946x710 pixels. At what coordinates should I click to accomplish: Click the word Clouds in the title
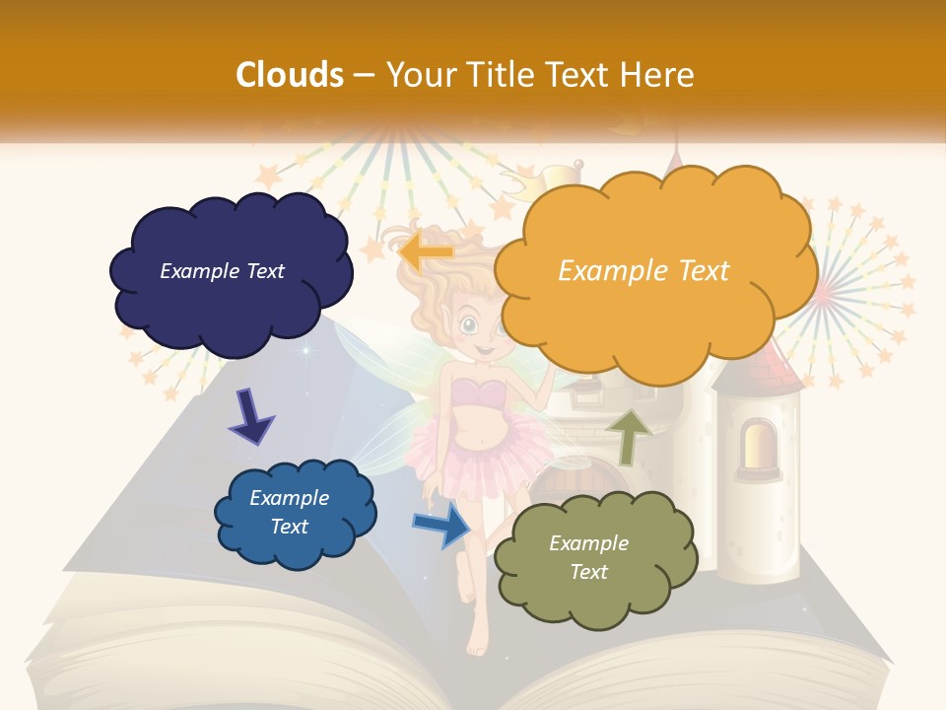pyautogui.click(x=289, y=75)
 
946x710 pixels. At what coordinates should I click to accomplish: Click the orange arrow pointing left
pyautogui.click(x=426, y=252)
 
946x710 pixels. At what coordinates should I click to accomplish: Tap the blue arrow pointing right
pyautogui.click(x=441, y=524)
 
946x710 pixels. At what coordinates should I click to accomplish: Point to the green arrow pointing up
pyautogui.click(x=629, y=437)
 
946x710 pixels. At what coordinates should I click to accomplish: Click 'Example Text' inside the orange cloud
pyautogui.click(x=643, y=271)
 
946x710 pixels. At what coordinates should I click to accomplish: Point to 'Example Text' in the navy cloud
pyautogui.click(x=222, y=271)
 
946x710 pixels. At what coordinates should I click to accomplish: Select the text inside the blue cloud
pyautogui.click(x=289, y=512)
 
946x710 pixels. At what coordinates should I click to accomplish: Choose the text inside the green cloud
pyautogui.click(x=588, y=557)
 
